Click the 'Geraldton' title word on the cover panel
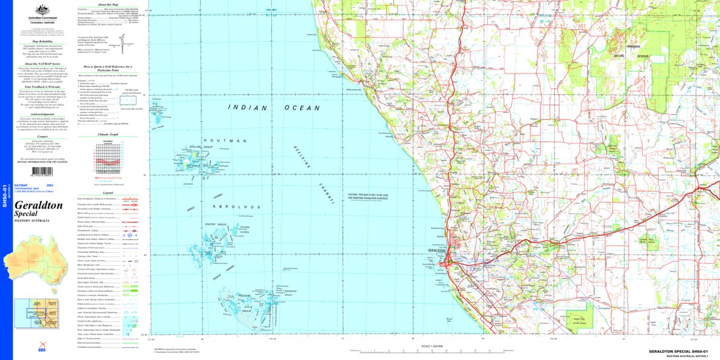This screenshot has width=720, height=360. [x=39, y=206]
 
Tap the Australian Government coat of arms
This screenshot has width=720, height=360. [x=42, y=10]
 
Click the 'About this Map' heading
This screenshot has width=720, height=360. [x=108, y=4]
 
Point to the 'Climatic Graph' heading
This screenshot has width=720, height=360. [x=108, y=133]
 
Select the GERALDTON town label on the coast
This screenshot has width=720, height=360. [x=437, y=250]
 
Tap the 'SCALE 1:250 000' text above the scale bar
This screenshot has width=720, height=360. [x=432, y=347]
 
